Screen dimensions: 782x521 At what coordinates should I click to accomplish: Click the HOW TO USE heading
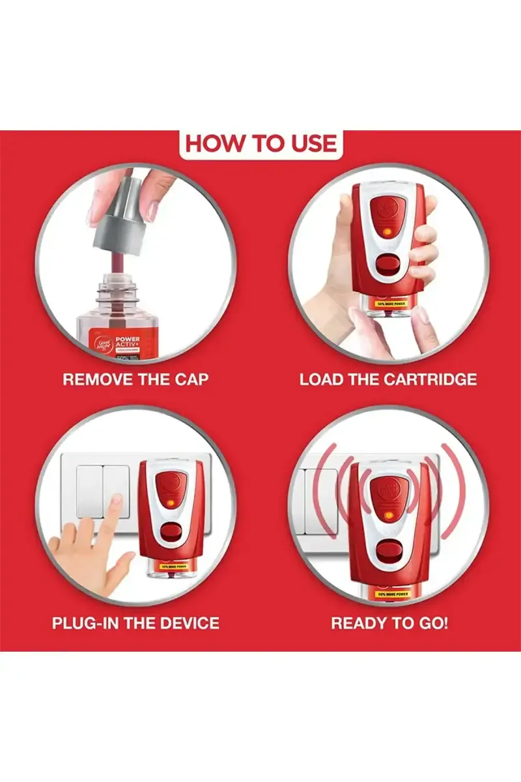[260, 143]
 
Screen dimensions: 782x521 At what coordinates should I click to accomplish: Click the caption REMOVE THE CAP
[135, 379]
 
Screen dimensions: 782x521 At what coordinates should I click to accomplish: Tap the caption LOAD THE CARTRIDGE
[388, 379]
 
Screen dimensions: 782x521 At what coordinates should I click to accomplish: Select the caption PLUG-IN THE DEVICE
[135, 622]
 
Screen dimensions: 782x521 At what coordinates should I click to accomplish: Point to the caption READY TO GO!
[389, 622]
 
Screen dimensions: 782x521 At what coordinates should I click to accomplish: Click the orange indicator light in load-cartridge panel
[388, 231]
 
